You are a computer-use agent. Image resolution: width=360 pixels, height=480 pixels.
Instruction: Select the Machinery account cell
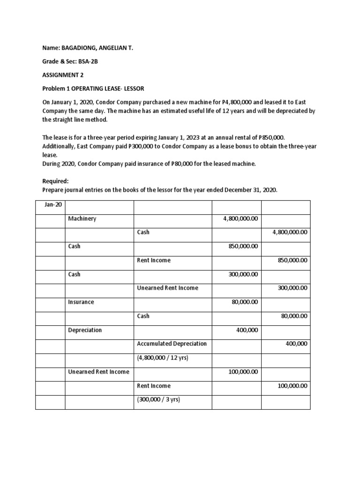click(x=82, y=218)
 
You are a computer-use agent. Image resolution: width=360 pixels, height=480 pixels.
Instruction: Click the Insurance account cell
click(x=81, y=302)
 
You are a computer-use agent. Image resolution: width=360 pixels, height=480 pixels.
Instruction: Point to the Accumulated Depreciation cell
click(x=172, y=344)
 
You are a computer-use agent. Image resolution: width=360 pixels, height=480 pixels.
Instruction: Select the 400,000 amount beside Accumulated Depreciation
click(x=296, y=344)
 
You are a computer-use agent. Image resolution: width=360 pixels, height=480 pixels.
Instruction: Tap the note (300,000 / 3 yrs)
click(x=158, y=400)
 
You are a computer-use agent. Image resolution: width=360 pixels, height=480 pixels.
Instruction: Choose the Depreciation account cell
click(x=85, y=330)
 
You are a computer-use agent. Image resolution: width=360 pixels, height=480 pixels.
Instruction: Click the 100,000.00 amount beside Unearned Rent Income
click(x=243, y=372)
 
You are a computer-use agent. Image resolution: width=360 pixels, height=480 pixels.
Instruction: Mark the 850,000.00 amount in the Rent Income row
click(x=292, y=260)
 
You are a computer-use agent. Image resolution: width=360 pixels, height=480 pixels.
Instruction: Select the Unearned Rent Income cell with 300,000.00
click(x=167, y=288)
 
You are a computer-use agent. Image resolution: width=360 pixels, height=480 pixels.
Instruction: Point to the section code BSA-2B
click(x=82, y=61)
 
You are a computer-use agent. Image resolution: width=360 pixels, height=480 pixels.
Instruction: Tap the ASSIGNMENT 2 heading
click(x=63, y=75)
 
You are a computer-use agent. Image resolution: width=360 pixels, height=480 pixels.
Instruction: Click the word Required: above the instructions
click(x=55, y=180)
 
